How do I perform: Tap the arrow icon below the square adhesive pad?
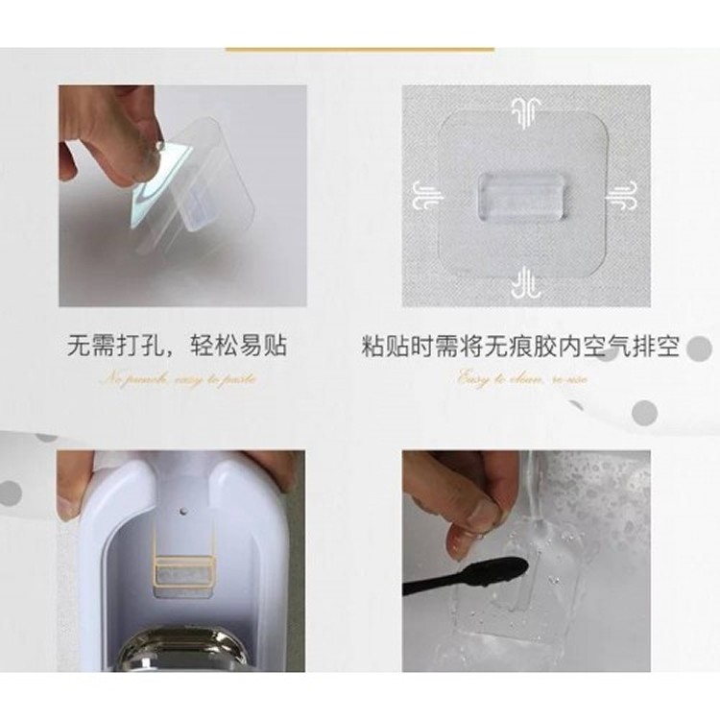(x=525, y=284)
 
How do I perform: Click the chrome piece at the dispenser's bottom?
(x=182, y=652)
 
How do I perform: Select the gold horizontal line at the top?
(x=359, y=48)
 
